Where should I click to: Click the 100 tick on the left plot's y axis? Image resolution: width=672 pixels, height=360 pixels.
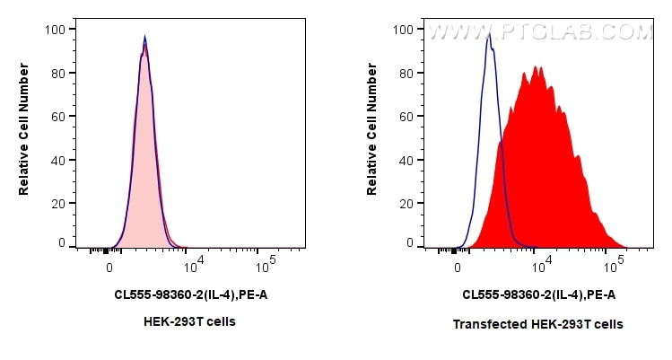55,30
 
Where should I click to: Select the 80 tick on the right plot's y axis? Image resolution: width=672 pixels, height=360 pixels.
406,73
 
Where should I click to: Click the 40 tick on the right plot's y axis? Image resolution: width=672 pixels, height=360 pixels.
406,160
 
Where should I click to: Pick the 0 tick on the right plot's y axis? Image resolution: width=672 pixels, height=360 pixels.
409,243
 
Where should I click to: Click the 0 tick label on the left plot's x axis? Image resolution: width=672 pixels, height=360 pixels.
110,268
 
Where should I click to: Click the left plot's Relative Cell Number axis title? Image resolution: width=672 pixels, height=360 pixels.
24,136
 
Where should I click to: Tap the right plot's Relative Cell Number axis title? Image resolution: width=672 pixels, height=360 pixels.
372,136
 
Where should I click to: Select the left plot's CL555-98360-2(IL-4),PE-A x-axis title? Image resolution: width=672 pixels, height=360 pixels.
190,294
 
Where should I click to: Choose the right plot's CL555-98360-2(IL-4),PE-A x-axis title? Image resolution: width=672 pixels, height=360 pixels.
538,294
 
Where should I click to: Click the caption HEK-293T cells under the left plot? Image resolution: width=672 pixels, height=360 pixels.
189,321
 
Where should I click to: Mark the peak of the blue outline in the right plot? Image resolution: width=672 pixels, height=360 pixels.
488,36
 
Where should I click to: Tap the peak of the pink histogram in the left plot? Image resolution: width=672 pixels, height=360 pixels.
144,40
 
